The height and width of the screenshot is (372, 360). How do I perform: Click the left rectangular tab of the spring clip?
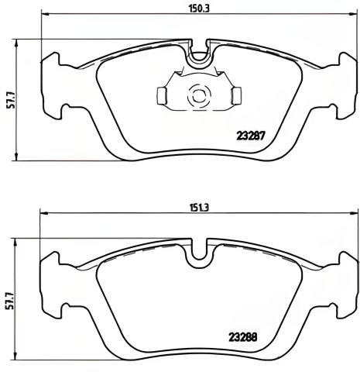(x=162, y=95)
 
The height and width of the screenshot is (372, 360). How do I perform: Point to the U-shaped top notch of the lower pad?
(x=201, y=253)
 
